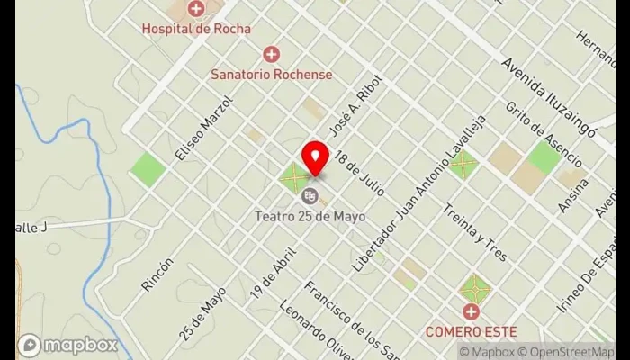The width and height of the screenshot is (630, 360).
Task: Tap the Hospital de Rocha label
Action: pyautogui.click(x=195, y=28)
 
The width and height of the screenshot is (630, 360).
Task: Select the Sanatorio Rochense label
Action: pyautogui.click(x=271, y=74)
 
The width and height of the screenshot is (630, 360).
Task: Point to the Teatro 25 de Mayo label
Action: pyautogui.click(x=310, y=215)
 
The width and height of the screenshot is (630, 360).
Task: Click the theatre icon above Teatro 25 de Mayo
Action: pyautogui.click(x=310, y=195)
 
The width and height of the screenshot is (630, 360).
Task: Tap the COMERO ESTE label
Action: pyautogui.click(x=471, y=330)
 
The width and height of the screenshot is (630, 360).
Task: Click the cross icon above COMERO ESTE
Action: pyautogui.click(x=471, y=311)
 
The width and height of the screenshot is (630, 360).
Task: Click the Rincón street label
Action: pyautogui.click(x=157, y=274)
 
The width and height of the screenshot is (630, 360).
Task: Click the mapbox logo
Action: pyautogui.click(x=67, y=345)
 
